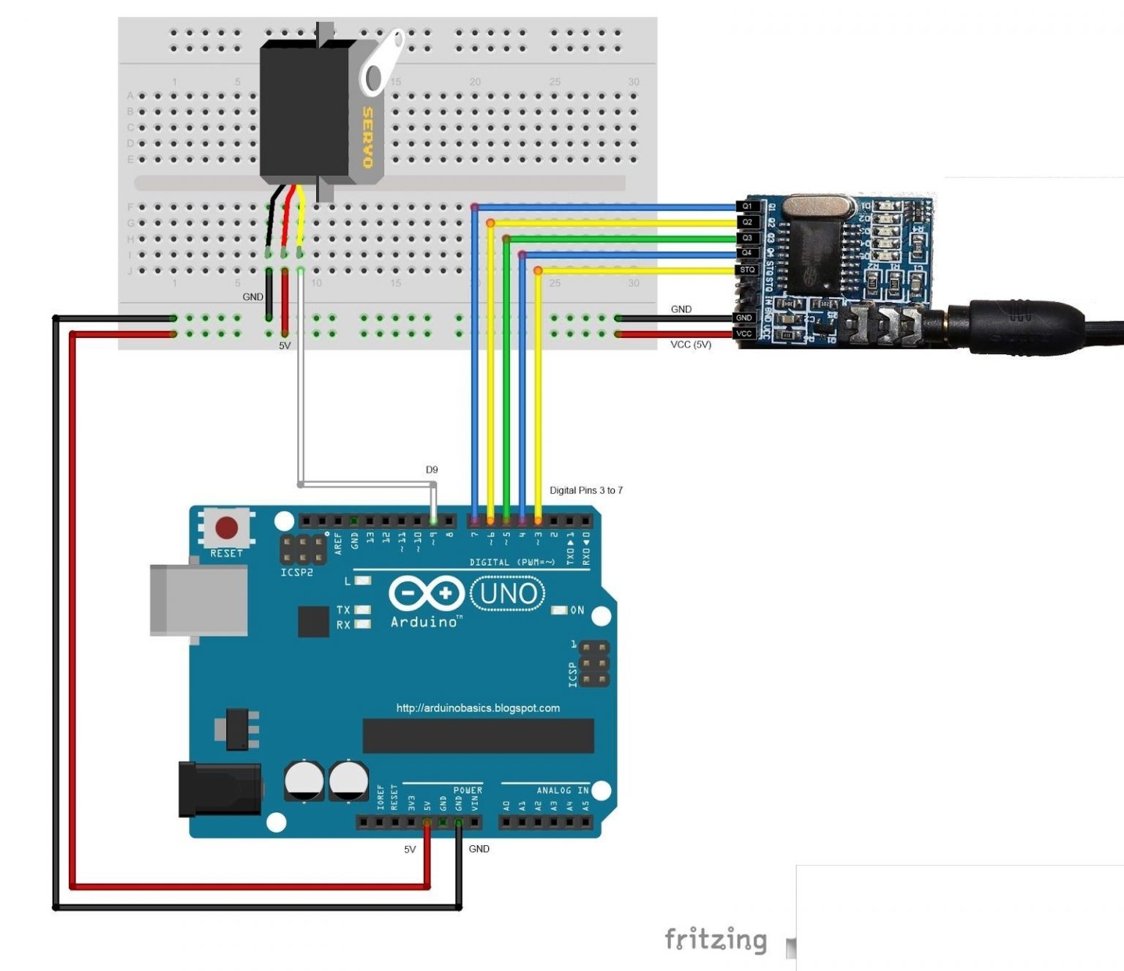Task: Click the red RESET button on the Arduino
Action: [x=226, y=527]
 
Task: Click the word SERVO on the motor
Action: [x=367, y=137]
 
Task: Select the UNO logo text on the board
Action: [x=508, y=593]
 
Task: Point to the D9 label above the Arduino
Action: [x=432, y=470]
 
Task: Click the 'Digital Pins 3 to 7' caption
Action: [x=585, y=490]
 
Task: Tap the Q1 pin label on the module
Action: [x=747, y=206]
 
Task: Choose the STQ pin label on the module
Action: [x=747, y=270]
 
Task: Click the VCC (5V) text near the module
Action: [x=690, y=345]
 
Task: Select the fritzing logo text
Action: [x=715, y=940]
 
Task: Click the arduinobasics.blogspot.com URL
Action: [x=478, y=708]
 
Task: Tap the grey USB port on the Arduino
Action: [x=198, y=600]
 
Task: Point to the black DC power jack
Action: [x=220, y=790]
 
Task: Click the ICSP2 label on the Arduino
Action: [x=296, y=572]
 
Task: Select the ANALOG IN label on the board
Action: [x=562, y=790]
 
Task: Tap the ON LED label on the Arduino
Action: [x=577, y=610]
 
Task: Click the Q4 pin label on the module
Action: [x=747, y=253]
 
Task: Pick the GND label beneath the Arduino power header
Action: [x=479, y=849]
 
